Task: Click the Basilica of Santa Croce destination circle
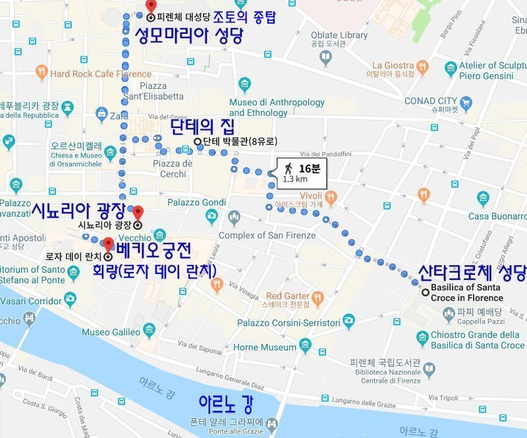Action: pyautogui.click(x=426, y=292)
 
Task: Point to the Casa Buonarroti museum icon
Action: pyautogui.click(x=483, y=198)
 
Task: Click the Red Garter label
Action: pyautogui.click(x=287, y=296)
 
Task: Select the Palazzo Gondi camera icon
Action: pyautogui.click(x=211, y=216)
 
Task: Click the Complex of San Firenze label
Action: pyautogui.click(x=267, y=235)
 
